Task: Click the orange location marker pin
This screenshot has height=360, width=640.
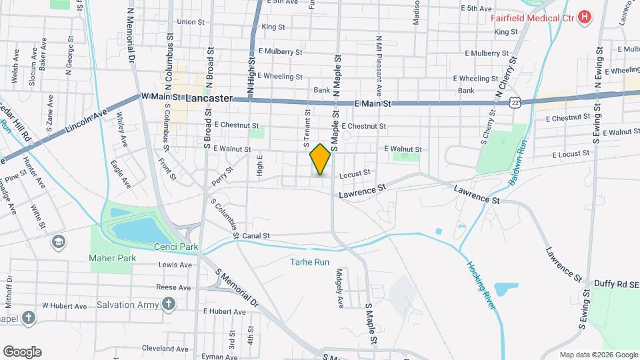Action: (321, 159)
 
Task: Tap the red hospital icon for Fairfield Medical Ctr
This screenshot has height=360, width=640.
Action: (585, 16)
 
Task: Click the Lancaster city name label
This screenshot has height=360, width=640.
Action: (209, 98)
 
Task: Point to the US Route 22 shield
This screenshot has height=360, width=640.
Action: (513, 101)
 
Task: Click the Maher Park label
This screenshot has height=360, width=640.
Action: (113, 258)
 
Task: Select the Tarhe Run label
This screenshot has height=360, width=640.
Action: (309, 262)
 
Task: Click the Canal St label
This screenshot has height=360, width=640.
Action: (255, 235)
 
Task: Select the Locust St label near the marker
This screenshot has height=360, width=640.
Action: (354, 173)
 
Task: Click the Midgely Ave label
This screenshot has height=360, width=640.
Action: (339, 288)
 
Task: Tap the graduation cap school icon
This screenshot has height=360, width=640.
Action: (59, 241)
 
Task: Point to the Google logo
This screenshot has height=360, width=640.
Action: (22, 351)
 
